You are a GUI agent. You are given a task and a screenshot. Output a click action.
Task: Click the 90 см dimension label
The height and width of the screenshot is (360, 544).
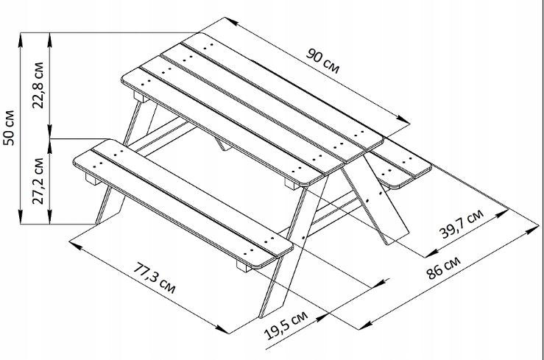click(x=322, y=61)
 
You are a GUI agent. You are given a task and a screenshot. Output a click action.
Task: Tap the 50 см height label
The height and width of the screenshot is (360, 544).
click(x=9, y=128)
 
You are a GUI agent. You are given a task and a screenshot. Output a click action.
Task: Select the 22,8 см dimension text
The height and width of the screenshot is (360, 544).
click(x=38, y=85)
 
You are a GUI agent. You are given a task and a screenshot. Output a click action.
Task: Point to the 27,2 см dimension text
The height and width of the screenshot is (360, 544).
click(x=38, y=181)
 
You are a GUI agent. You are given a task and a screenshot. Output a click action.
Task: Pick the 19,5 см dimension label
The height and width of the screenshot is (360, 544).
click(x=286, y=325)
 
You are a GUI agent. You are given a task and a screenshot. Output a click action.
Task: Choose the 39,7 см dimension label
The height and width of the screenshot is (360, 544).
click(x=462, y=224)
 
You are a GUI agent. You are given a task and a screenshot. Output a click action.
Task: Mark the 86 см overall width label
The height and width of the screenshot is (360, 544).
click(x=443, y=267)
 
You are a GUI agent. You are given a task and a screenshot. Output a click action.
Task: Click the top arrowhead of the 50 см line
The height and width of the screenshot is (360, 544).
click(x=21, y=39)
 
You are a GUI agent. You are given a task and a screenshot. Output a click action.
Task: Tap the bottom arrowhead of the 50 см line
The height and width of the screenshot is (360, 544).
click(x=21, y=217)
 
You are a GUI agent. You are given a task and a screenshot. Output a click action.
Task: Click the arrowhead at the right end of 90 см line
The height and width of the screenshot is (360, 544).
click(x=404, y=119)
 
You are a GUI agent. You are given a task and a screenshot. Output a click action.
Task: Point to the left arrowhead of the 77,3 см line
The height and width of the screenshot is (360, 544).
click(x=76, y=245)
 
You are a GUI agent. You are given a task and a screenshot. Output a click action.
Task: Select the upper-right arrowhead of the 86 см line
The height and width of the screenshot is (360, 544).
click(x=532, y=230)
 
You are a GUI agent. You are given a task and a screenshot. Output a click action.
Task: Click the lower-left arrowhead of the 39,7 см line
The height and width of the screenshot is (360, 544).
click(x=431, y=254)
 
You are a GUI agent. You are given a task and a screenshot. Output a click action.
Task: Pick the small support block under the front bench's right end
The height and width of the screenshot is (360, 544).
click(x=244, y=266)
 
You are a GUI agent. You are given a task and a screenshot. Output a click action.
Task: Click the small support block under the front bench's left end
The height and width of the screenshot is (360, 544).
click(x=93, y=179)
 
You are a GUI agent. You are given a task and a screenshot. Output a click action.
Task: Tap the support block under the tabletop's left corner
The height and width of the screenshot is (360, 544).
click(x=141, y=96)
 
